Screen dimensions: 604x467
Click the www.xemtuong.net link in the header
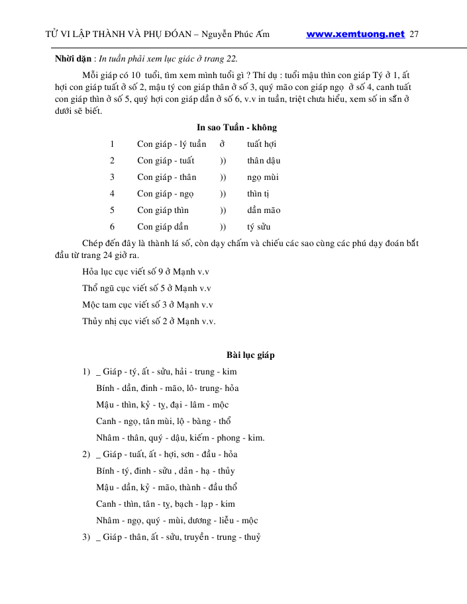(355, 34)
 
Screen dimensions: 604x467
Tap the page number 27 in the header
(415, 34)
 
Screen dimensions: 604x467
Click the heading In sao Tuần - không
(236, 127)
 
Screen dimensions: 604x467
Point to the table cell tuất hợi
(262, 144)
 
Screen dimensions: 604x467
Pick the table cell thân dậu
(264, 161)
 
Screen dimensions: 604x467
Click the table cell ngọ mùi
(263, 177)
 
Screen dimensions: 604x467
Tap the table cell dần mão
(264, 210)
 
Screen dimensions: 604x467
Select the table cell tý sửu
(259, 227)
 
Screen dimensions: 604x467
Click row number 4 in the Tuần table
(113, 194)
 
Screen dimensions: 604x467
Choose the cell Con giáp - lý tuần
(172, 144)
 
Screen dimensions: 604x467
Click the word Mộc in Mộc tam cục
(91, 305)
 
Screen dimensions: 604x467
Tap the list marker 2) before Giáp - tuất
(86, 454)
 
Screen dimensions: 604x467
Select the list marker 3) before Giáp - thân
(86, 537)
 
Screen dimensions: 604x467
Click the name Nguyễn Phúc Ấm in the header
(236, 34)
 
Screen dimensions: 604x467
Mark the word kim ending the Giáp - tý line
(229, 372)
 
